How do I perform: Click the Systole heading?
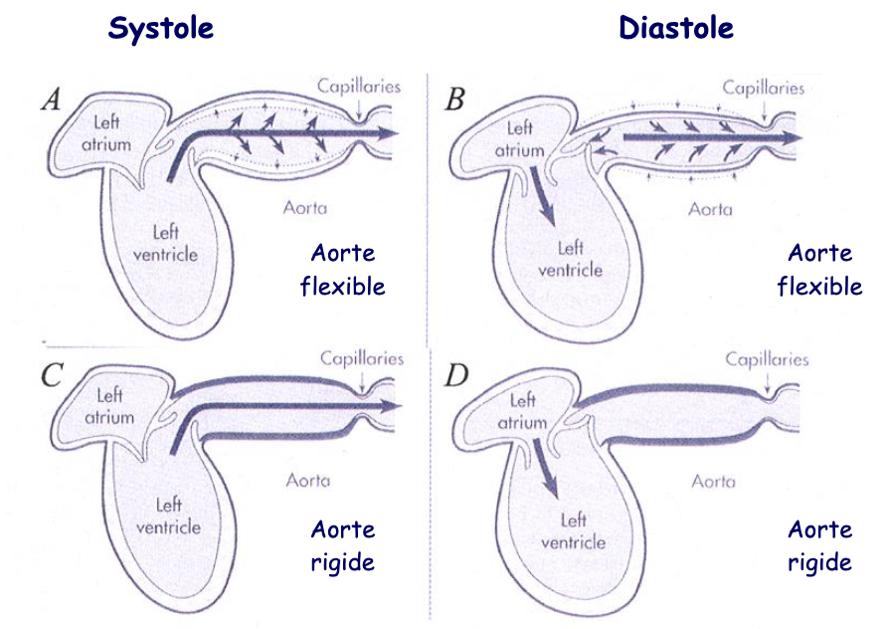pos(161,29)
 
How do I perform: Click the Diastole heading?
pos(676,29)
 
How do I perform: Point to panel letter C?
pos(52,374)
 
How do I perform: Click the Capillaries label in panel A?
pos(359,87)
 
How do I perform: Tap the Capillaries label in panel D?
pos(767,359)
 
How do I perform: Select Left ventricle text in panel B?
pos(569,259)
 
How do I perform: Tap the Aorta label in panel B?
pos(710,210)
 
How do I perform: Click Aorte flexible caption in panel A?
pos(342,270)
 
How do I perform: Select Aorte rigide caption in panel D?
pos(819,545)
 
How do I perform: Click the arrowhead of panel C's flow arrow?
pos(392,406)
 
